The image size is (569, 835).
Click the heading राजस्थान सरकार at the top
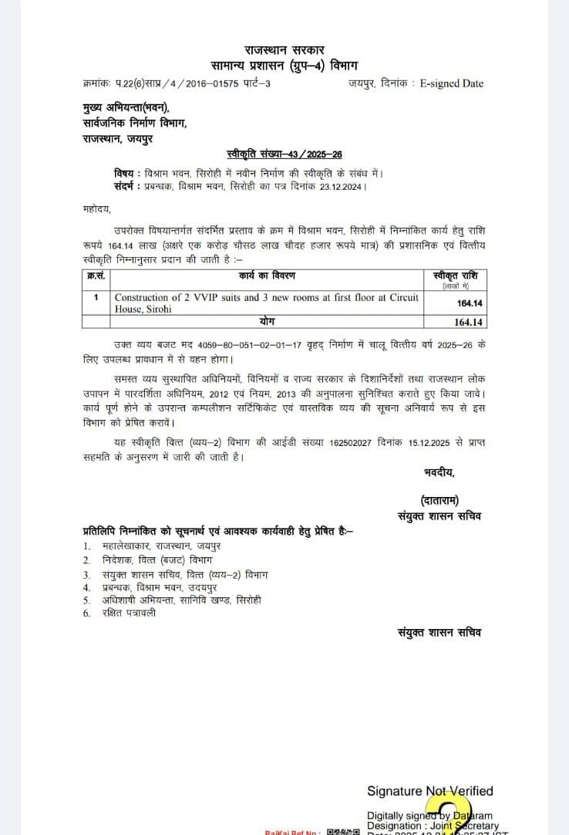(284, 50)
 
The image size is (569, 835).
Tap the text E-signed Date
(451, 83)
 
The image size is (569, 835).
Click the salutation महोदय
(97, 209)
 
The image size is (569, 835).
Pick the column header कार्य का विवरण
(267, 276)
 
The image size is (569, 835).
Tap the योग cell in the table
(268, 320)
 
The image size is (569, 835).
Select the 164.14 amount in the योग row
(469, 322)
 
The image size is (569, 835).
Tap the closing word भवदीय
(439, 472)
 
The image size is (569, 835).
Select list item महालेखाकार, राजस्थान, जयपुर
(158, 546)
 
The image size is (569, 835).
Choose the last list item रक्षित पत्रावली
(130, 614)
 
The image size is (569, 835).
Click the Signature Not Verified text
(429, 791)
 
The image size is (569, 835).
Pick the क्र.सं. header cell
(96, 276)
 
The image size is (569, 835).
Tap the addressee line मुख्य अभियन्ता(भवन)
(126, 108)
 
